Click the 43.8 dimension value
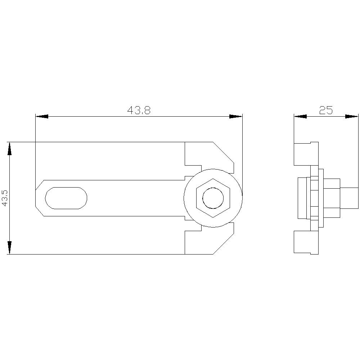pyautogui.click(x=139, y=111)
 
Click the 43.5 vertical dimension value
pyautogui.click(x=5, y=198)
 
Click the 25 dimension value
pyautogui.click(x=326, y=111)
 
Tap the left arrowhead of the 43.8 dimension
pyautogui.click(x=42, y=116)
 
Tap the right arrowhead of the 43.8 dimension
pyautogui.click(x=236, y=116)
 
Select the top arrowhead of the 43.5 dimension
pyautogui.click(x=10, y=148)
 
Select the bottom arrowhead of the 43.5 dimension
pyautogui.click(x=10, y=248)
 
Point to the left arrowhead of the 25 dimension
pyautogui.click(x=300, y=116)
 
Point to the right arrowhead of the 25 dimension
pyautogui.click(x=352, y=116)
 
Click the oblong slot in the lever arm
pyautogui.click(x=66, y=198)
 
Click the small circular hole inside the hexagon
pyautogui.click(x=213, y=198)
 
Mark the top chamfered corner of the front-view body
pyautogui.click(x=224, y=152)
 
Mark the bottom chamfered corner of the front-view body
pyautogui.click(x=224, y=244)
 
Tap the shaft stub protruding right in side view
pyautogui.click(x=349, y=198)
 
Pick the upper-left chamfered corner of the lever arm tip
pyautogui.click(x=39, y=185)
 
